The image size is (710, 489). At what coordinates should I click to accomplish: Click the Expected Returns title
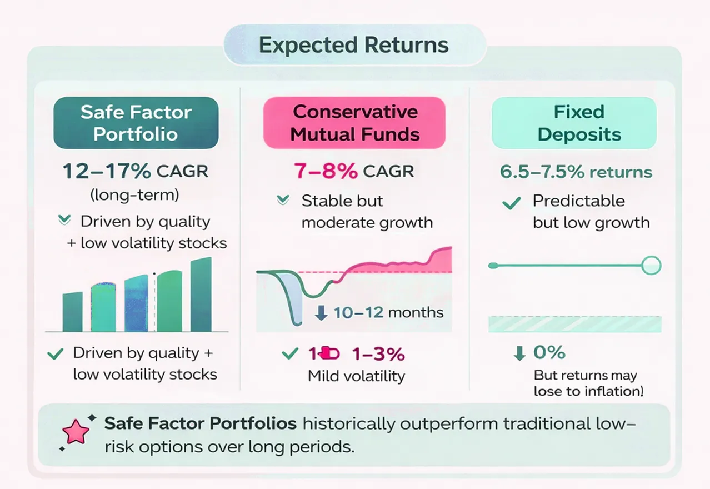pyautogui.click(x=354, y=45)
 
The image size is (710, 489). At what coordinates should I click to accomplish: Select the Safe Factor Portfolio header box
pyautogui.click(x=136, y=123)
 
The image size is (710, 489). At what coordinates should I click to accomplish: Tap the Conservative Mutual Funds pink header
pyautogui.click(x=354, y=123)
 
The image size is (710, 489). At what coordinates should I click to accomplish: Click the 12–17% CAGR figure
pyautogui.click(x=135, y=172)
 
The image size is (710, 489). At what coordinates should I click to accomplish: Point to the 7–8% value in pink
pyautogui.click(x=326, y=172)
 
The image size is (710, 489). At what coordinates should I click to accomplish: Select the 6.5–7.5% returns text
pyautogui.click(x=576, y=172)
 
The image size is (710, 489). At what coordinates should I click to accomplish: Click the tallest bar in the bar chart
pyautogui.click(x=201, y=295)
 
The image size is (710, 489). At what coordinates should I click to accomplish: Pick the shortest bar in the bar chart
pyautogui.click(x=72, y=312)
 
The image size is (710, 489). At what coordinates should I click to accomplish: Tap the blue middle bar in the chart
pyautogui.click(x=136, y=304)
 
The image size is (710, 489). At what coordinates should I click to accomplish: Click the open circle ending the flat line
pyautogui.click(x=651, y=266)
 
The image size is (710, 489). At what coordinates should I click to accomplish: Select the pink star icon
pyautogui.click(x=76, y=431)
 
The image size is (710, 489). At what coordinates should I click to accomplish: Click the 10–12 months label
pyautogui.click(x=388, y=312)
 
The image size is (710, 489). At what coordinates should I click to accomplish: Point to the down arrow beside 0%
pyautogui.click(x=519, y=353)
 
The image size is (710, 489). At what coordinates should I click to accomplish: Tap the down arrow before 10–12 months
pyautogui.click(x=321, y=313)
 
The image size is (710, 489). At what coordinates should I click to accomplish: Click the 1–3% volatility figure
pyautogui.click(x=378, y=354)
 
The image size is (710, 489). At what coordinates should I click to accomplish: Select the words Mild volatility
pyautogui.click(x=356, y=376)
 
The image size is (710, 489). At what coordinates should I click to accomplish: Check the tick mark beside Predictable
pyautogui.click(x=511, y=203)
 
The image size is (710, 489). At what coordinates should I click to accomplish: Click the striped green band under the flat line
pyautogui.click(x=574, y=324)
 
